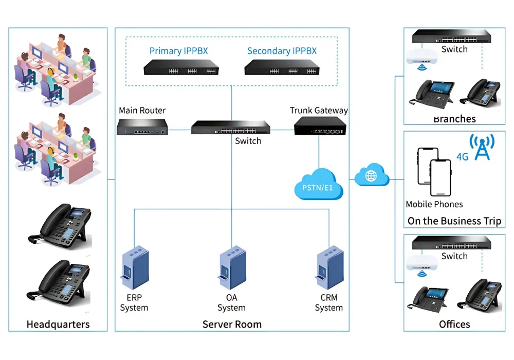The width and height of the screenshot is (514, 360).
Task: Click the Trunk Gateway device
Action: [319, 125]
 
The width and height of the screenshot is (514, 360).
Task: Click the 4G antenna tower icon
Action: [482, 147]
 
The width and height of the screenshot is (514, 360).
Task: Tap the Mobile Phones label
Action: [434, 204]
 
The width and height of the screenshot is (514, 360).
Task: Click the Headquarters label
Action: [58, 325]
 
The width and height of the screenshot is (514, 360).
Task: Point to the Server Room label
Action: [232, 325]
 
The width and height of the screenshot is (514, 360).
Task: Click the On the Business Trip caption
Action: [454, 221]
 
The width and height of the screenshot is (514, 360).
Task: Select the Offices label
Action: [454, 325]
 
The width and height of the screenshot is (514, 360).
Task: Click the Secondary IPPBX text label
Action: [282, 51]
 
